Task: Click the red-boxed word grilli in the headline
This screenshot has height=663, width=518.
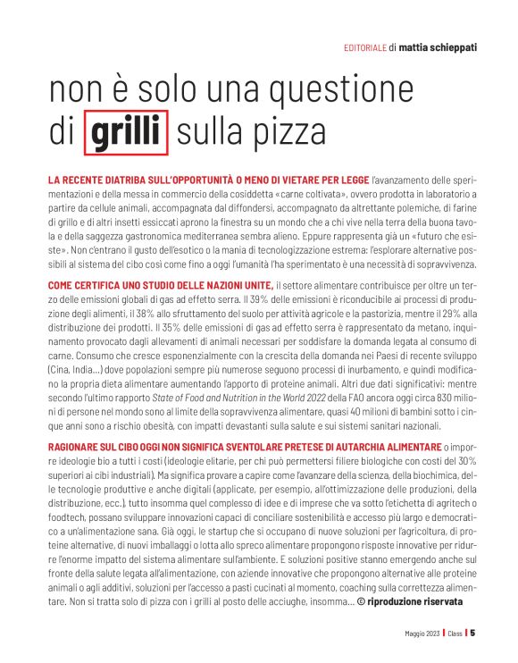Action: point(126,130)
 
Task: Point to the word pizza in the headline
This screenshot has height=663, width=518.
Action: point(290,130)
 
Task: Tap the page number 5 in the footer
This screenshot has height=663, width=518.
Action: point(472,636)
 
